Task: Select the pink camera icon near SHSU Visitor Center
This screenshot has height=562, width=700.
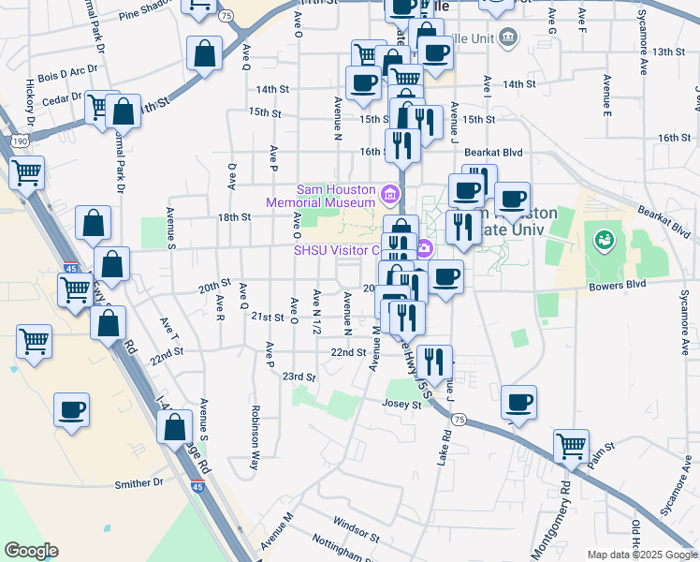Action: (x=424, y=249)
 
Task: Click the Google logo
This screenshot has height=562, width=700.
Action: (x=31, y=551)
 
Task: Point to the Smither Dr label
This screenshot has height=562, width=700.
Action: (x=139, y=484)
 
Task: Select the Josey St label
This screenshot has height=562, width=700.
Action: (x=402, y=405)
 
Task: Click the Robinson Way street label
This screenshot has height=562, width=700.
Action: (x=255, y=436)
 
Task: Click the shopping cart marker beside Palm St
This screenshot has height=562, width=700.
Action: (x=571, y=447)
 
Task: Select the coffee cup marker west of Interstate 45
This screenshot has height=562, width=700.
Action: (x=72, y=410)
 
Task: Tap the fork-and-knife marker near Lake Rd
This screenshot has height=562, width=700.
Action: (x=434, y=361)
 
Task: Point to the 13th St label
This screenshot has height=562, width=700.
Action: (x=670, y=52)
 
